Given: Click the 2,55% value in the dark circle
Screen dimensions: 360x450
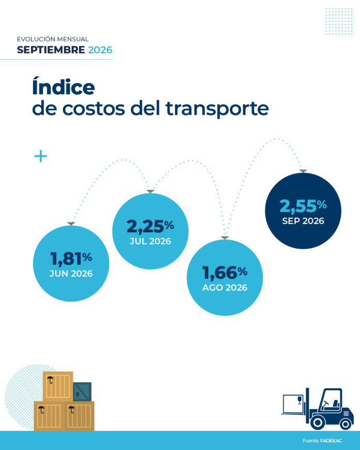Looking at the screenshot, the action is pos(303,206).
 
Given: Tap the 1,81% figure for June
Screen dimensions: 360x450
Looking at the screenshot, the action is pos(71,258).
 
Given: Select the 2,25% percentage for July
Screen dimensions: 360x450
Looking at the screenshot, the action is pos(150,226).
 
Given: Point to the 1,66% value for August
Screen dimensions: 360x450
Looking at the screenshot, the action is pos(225,272).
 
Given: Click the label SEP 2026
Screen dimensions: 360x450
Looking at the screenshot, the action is pos(303,221).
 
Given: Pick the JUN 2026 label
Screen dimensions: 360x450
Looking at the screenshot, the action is pos(71,274).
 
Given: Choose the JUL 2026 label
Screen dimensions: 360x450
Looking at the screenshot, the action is pos(150,241).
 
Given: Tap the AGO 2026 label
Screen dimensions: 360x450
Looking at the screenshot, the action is pos(225,288).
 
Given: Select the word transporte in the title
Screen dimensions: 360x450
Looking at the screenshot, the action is pos(217,109).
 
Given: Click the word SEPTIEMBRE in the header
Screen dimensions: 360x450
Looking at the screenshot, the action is pos(51,50).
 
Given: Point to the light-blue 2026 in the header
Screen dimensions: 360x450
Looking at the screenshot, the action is pos(100,50).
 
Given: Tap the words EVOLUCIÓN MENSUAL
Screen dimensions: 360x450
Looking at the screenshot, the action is pos(53,39).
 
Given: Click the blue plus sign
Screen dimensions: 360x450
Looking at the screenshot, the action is pos(40,156).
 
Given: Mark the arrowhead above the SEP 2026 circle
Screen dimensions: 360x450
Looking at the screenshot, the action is pos(303,171).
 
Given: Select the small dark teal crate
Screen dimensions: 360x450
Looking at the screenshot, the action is pos(82,392).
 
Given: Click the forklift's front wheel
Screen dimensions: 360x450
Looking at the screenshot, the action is pos(318,422).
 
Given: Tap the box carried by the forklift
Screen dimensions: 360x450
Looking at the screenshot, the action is pos(293,404).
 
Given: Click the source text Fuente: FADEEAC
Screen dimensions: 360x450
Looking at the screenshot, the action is pos(322,441).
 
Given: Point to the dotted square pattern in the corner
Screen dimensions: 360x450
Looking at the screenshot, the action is pos(339,22).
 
